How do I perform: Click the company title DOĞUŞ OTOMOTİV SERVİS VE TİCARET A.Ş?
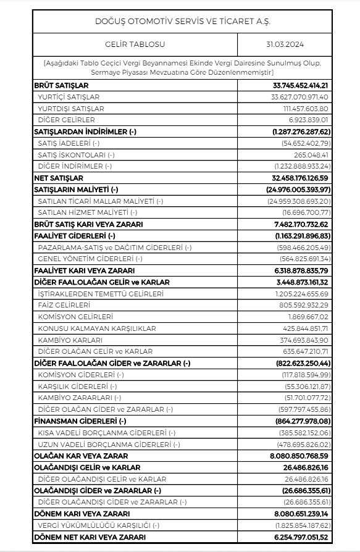point(182,21)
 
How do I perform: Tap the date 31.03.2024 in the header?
point(285,44)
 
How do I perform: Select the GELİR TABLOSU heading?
point(135,44)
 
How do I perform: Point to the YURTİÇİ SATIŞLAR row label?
point(69,97)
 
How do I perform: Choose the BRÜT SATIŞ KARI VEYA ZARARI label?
point(88,224)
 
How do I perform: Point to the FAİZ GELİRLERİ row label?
point(64,305)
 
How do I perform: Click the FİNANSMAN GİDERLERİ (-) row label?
point(80,420)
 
